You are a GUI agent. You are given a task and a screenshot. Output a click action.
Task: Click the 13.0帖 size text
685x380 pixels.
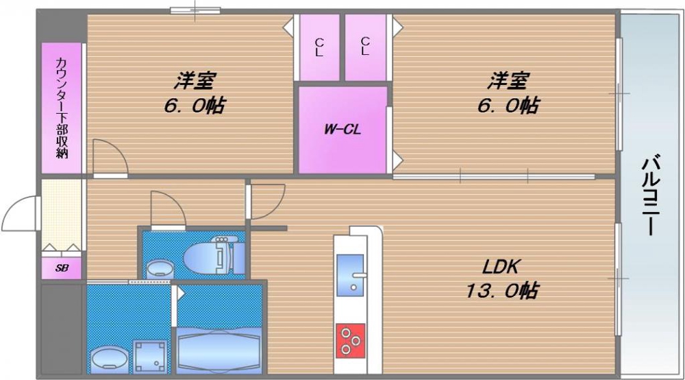coord(501,291)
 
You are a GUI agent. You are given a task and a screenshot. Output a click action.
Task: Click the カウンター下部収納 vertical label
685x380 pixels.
coord(62,108)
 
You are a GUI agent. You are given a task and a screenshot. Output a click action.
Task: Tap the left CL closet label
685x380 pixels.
coord(319,46)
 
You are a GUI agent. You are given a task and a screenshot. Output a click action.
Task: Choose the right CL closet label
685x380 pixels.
coord(364,46)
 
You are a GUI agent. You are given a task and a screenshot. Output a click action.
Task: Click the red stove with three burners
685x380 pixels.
coord(350,340)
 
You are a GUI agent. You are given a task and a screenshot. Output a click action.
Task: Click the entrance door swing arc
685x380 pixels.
coord(19,213)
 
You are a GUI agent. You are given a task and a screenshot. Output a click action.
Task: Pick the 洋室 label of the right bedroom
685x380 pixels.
coord(508,82)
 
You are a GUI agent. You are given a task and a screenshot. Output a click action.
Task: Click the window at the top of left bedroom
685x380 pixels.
coord(195,10)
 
